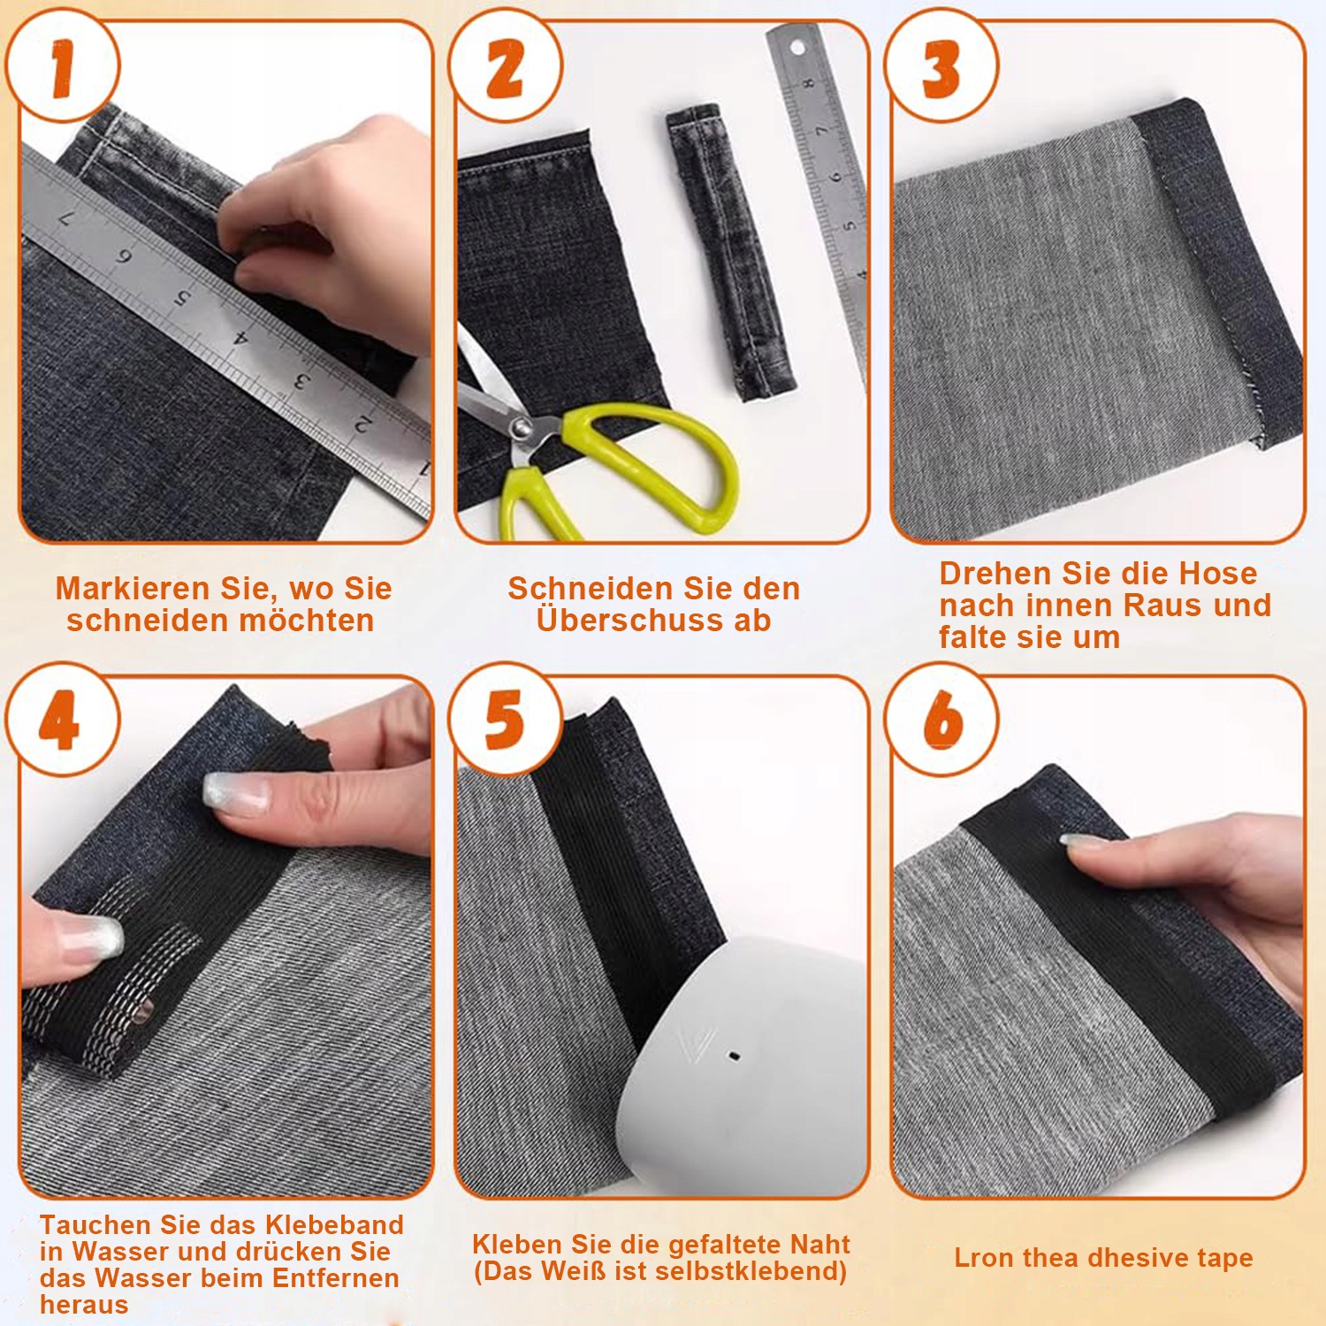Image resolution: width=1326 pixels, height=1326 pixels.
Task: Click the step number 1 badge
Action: pyautogui.click(x=62, y=65)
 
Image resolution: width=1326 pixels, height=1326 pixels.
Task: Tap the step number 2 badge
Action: pyautogui.click(x=505, y=65)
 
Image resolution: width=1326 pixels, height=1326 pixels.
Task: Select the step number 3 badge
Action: pyautogui.click(x=941, y=65)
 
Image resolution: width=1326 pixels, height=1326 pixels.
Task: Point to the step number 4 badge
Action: pyautogui.click(x=62, y=720)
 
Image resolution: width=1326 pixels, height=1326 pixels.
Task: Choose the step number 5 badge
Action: pyautogui.click(x=505, y=720)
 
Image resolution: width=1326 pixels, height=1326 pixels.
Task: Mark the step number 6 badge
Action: pyautogui.click(x=941, y=720)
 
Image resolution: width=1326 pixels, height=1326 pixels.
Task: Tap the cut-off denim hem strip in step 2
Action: pyautogui.click(x=730, y=252)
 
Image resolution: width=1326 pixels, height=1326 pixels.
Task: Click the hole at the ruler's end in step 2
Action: pyautogui.click(x=797, y=46)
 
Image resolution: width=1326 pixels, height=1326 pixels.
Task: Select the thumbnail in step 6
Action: pyautogui.click(x=1082, y=842)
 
